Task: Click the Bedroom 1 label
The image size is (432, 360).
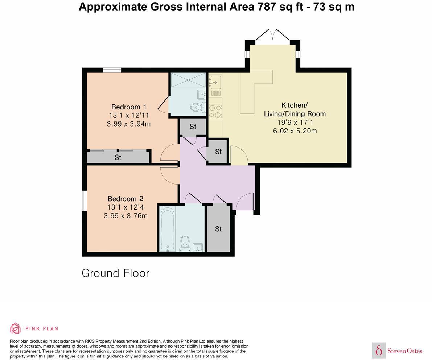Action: (x=129, y=107)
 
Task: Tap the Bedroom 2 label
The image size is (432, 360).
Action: (x=125, y=199)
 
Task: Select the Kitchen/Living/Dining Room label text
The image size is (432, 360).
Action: (x=295, y=109)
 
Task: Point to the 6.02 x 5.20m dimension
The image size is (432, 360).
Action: (x=295, y=131)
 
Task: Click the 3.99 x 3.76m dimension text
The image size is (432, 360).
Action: (x=125, y=216)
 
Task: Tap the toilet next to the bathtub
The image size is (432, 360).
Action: (x=185, y=243)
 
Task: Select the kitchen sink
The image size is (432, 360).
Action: (x=215, y=82)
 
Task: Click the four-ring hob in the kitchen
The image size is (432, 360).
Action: (x=215, y=111)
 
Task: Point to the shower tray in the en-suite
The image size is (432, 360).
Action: (x=188, y=80)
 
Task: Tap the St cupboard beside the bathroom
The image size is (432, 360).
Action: (x=218, y=229)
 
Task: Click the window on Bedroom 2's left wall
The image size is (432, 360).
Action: (x=84, y=200)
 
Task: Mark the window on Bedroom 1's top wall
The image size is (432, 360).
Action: (x=112, y=70)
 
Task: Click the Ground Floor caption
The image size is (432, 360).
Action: (x=115, y=273)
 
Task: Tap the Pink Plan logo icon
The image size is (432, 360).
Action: (x=15, y=328)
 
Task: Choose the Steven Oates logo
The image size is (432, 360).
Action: (x=397, y=350)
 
